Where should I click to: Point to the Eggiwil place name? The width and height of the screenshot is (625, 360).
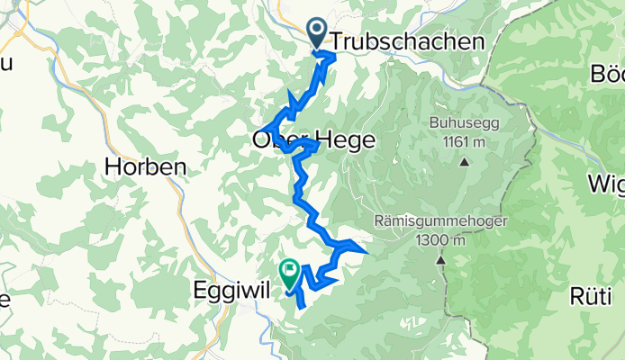[x=230, y=291]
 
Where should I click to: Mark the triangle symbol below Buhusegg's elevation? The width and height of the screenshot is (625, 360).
[x=464, y=162]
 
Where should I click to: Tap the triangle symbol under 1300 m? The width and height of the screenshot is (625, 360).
[x=441, y=260]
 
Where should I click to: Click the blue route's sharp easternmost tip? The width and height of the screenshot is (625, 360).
[x=367, y=250]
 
